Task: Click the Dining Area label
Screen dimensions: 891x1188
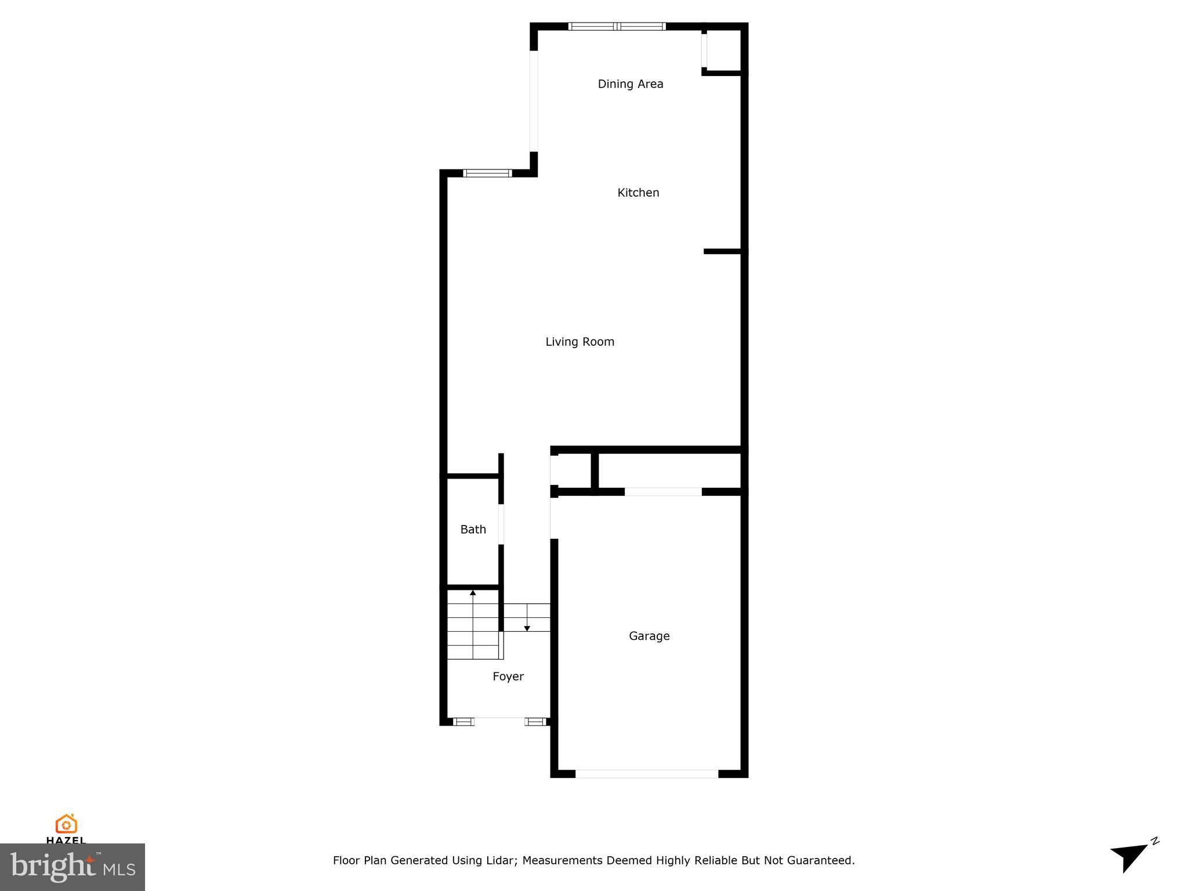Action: pos(630,84)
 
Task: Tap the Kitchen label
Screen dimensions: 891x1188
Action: pos(638,193)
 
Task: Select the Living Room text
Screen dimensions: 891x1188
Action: pos(579,342)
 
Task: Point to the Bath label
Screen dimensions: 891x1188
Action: pos(473,529)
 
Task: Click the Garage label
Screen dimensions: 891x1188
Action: pos(649,636)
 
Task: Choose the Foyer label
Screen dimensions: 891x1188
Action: pos(508,676)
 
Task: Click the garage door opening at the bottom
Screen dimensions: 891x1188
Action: pos(646,773)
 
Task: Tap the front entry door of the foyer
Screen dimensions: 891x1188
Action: pos(499,721)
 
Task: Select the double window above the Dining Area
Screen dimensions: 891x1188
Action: pos(617,26)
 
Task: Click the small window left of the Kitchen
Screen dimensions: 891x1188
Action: pos(487,173)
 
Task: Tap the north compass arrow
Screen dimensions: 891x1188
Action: pos(1130,856)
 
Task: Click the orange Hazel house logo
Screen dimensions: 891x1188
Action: pos(66,824)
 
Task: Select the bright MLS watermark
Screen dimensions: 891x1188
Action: pos(73,867)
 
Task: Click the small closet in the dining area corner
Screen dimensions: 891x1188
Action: pos(723,50)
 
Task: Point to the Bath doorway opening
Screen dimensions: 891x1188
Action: pos(501,524)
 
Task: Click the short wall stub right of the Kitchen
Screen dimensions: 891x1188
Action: pos(722,251)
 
